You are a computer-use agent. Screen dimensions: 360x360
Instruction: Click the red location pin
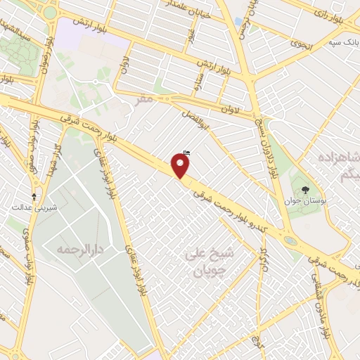(x=181, y=165)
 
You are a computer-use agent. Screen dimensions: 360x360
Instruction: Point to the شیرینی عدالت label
(x=25, y=208)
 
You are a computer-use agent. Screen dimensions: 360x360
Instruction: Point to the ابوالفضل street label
(x=195, y=109)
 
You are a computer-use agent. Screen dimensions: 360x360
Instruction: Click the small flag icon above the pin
(x=186, y=152)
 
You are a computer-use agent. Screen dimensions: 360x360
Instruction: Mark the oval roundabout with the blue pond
(x=239, y=20)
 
